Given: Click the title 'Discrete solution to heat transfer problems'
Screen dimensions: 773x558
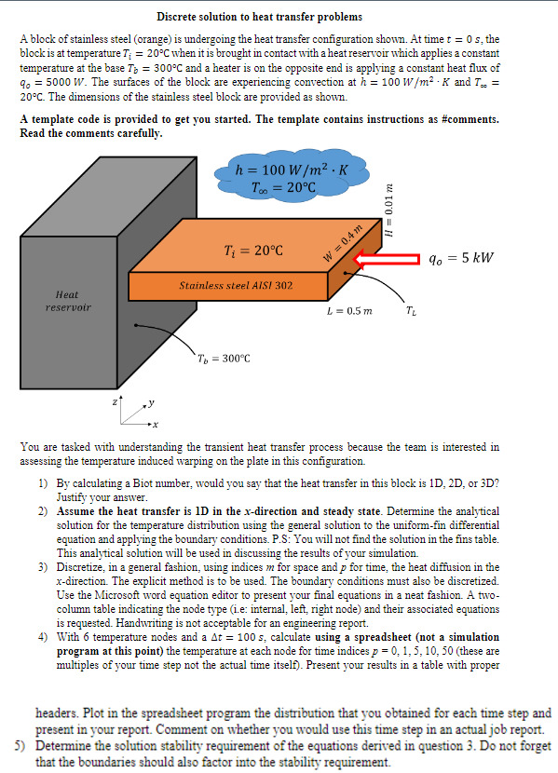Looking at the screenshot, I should point(260,17).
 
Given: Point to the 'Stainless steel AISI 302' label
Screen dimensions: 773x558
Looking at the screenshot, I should point(236,283).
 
